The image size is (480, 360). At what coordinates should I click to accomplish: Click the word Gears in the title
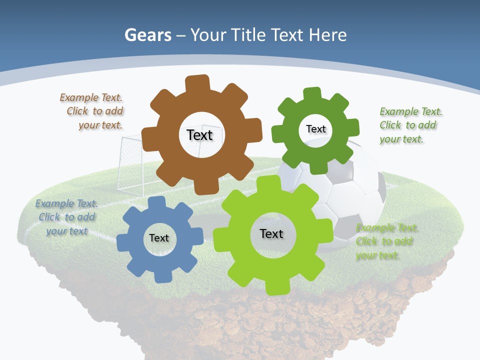[x=148, y=35]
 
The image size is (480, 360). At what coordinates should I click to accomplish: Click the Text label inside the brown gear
[x=199, y=135]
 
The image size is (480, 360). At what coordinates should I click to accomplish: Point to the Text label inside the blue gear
[x=159, y=238]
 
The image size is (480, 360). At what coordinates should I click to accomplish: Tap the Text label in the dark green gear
[x=315, y=129]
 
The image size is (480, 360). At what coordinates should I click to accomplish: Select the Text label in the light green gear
[x=271, y=233]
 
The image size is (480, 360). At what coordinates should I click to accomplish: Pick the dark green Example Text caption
[x=409, y=125]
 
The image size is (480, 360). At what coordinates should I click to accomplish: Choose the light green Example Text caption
[x=386, y=241]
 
